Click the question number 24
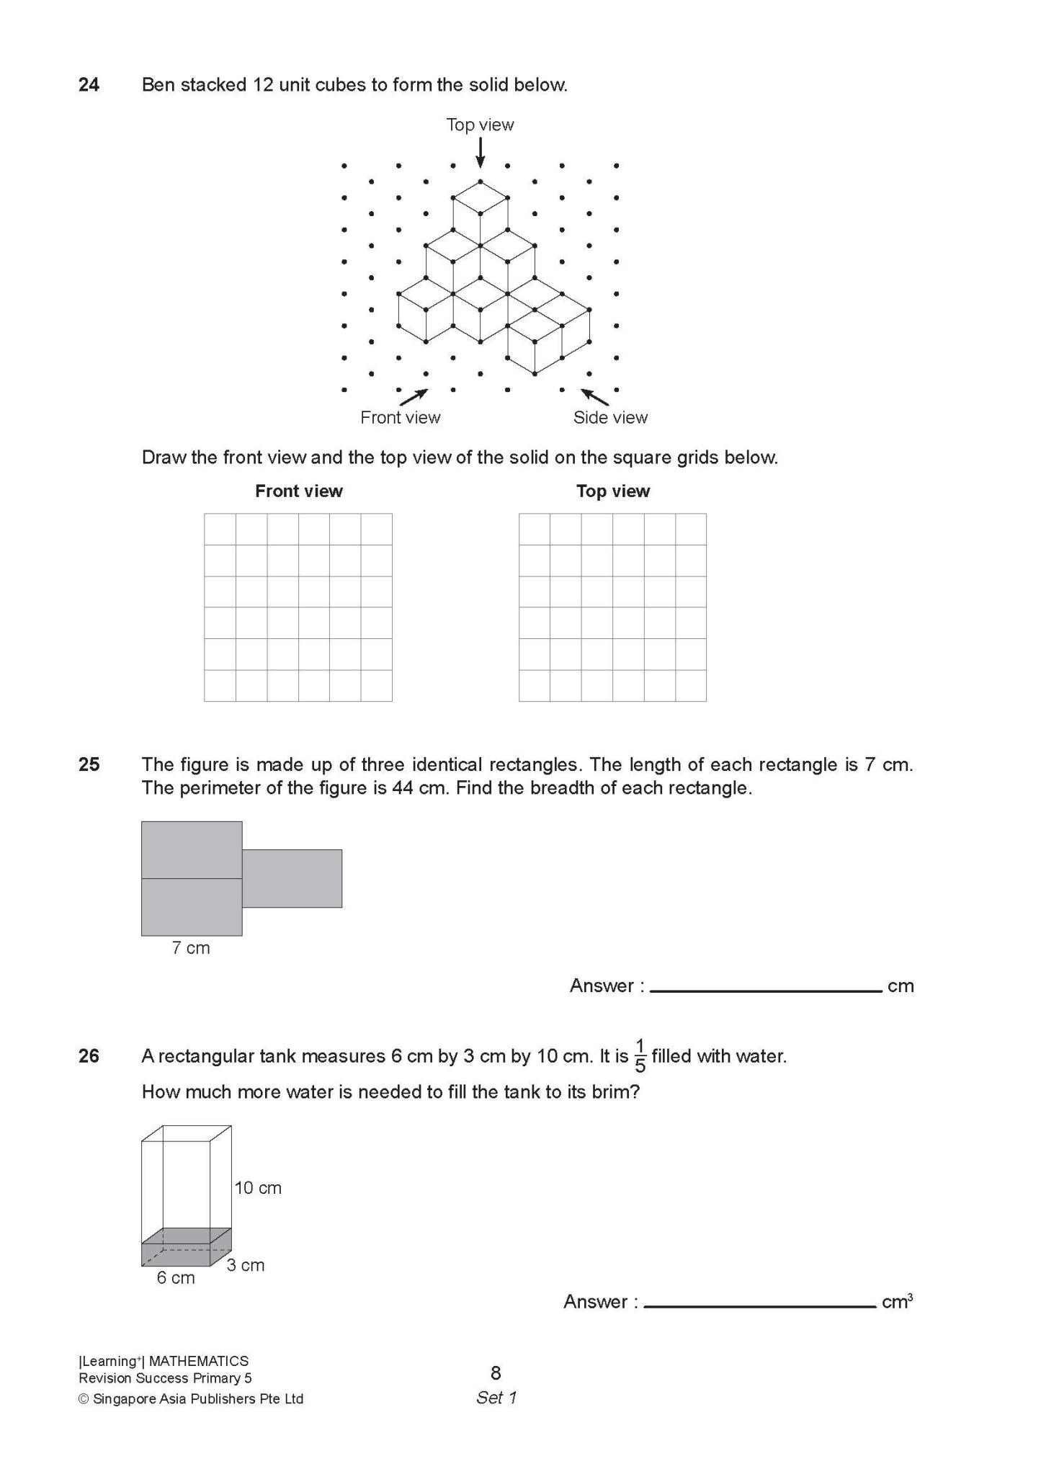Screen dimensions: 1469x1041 [89, 85]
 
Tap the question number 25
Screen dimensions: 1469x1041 [89, 764]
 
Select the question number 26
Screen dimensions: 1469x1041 [89, 1056]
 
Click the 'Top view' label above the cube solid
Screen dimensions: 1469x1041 [480, 125]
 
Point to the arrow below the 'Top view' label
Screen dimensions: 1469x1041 [481, 153]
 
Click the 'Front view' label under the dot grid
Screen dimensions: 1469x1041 [400, 417]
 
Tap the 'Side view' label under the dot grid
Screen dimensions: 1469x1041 [610, 417]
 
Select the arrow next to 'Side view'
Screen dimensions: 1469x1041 [595, 396]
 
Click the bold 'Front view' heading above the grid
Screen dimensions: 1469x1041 [298, 491]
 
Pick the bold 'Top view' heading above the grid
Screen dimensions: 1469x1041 [612, 491]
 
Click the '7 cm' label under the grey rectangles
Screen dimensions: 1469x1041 [191, 948]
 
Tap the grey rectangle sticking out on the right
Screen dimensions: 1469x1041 [292, 878]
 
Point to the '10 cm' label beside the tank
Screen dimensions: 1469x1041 [258, 1188]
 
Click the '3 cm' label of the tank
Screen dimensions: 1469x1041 [246, 1265]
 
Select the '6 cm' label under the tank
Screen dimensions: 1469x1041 [176, 1277]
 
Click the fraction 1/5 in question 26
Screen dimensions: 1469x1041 [640, 1056]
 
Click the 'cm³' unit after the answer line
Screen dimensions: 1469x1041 [897, 1302]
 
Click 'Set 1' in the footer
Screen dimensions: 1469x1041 [496, 1398]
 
